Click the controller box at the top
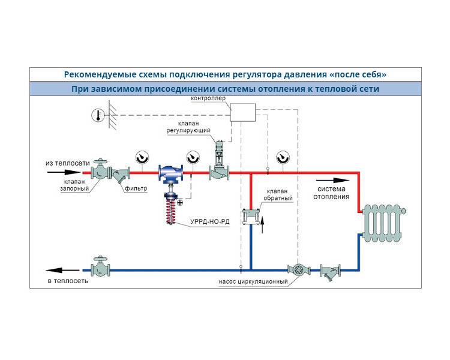tap(243, 112)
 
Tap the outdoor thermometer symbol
tap(98, 115)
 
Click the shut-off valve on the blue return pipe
tap(100, 266)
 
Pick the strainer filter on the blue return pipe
tap(331, 271)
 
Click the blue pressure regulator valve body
tap(171, 173)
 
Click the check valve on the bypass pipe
tap(251, 217)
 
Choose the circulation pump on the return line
tap(299, 269)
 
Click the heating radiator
tap(384, 223)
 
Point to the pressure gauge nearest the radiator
tap(283, 158)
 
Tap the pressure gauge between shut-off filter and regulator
tap(142, 158)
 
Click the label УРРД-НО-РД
tap(210, 221)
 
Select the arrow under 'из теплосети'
tap(64, 172)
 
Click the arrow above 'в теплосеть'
tap(62, 270)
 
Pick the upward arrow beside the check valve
tap(262, 225)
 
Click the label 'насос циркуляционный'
tap(253, 281)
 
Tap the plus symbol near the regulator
tap(180, 203)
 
